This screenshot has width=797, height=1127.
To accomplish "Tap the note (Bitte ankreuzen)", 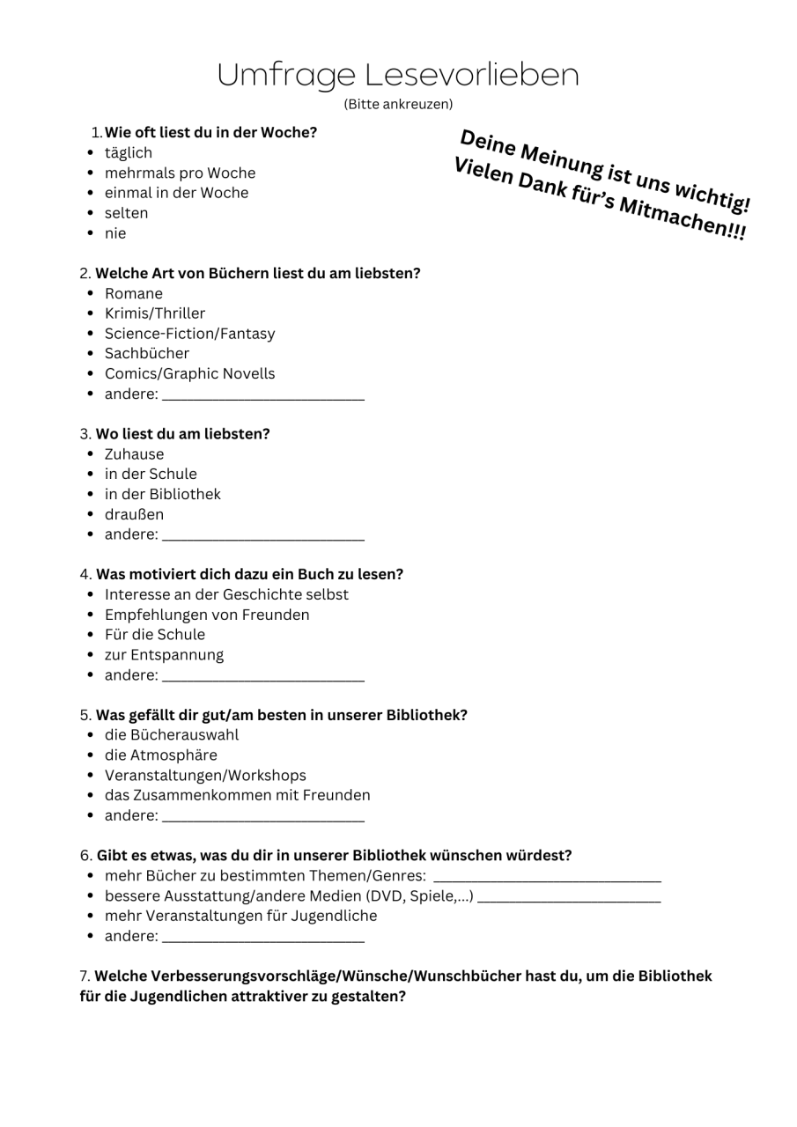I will coord(398,104).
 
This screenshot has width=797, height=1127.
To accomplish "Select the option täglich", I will coord(128,153).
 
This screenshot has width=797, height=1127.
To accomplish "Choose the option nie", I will coord(115,233).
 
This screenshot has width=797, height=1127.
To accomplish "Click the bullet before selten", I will coord(92,213).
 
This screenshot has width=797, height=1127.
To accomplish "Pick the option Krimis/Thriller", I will coord(154,313).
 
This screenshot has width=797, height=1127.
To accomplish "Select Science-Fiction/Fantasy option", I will coord(189,334).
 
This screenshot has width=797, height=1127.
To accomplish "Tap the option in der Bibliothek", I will coord(162,494).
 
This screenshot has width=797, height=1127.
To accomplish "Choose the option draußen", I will coord(134,514).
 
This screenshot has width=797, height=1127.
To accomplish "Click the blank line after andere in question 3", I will coord(263,538).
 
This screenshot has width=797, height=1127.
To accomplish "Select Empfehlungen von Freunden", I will coord(207,615).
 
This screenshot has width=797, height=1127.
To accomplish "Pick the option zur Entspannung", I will coord(164,655).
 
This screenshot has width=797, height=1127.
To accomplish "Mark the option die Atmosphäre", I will coord(160,755).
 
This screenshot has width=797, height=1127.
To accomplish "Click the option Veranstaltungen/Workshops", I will coord(205,775).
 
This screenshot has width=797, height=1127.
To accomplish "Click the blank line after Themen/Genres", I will coord(547,880).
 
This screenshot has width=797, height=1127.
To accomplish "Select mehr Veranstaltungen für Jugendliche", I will coord(240,916).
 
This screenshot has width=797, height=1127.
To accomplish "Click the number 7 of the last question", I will coord(84,976).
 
